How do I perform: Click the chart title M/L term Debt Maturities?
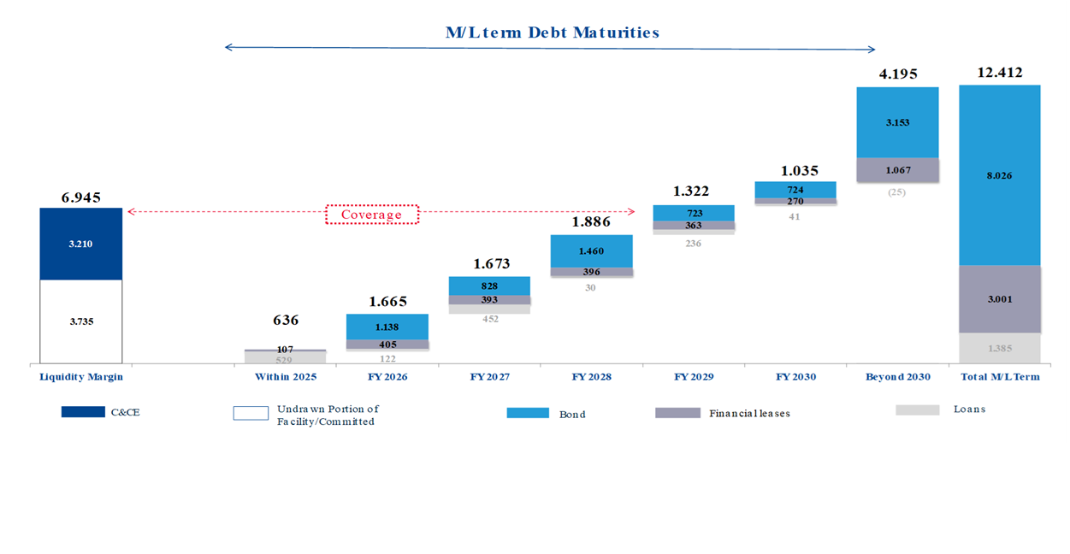(x=553, y=32)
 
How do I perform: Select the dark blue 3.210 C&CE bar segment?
(x=80, y=244)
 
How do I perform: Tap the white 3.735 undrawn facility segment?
(x=80, y=321)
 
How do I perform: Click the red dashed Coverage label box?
(x=372, y=215)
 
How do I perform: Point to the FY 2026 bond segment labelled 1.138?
(x=387, y=326)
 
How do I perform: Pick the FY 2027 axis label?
(x=489, y=376)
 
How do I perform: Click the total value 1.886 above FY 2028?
(x=590, y=222)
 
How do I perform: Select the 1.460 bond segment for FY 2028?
(x=591, y=251)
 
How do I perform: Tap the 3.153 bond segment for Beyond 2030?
(x=897, y=122)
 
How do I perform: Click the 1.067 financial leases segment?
(x=897, y=170)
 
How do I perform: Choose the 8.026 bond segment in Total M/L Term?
(x=999, y=175)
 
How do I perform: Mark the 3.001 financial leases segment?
(x=999, y=298)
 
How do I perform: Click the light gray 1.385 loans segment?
(x=999, y=349)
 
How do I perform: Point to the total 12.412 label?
(x=999, y=73)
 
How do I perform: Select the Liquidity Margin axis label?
(x=81, y=376)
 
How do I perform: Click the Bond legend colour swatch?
(x=528, y=413)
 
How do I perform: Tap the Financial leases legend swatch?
(x=677, y=413)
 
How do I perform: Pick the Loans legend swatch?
(x=917, y=410)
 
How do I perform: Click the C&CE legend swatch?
(x=83, y=412)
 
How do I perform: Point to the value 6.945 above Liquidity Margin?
(x=80, y=197)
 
